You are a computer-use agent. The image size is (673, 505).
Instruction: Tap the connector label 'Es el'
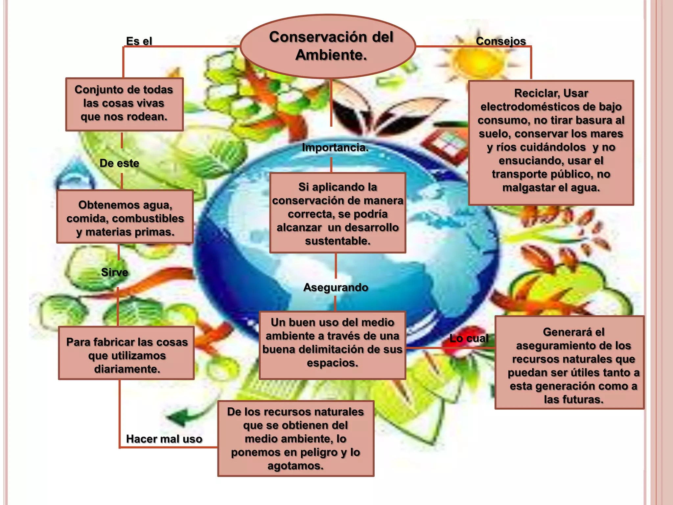139,41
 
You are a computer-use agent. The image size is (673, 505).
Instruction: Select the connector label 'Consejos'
501,41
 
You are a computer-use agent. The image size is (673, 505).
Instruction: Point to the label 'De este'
119,163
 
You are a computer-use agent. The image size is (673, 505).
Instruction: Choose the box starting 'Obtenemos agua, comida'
125,217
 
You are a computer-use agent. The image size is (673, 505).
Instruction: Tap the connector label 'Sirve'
114,272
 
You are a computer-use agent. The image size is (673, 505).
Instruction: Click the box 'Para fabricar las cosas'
127,353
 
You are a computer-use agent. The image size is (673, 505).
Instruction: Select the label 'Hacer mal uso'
164,439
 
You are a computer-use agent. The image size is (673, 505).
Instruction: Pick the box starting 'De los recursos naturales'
296,438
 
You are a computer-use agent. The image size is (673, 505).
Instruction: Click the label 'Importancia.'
335,148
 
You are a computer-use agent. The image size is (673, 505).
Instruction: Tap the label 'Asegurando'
336,287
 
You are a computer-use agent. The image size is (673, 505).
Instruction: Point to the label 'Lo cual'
469,338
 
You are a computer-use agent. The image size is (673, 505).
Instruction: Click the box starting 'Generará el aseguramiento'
569,363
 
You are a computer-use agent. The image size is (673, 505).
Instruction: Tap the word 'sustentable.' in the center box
337,241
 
